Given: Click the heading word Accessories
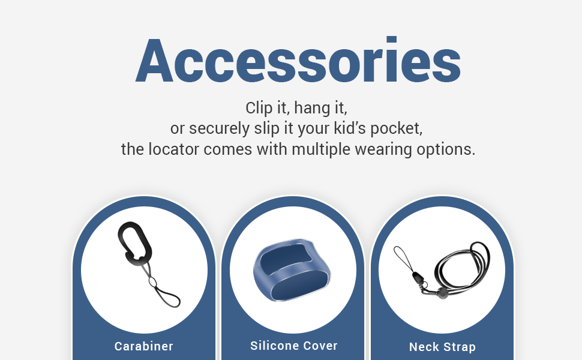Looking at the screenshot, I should (x=298, y=61).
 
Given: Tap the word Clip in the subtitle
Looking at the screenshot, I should (x=259, y=109).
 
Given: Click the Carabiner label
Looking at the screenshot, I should (x=144, y=346).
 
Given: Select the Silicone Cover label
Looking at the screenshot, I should (x=293, y=346).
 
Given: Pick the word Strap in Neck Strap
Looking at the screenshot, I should (x=459, y=347).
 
